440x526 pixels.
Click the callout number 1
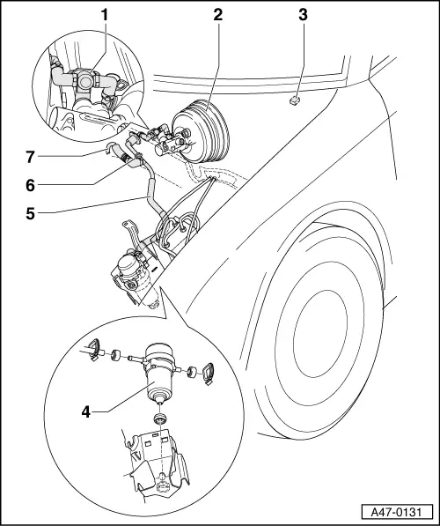(x=104, y=14)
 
